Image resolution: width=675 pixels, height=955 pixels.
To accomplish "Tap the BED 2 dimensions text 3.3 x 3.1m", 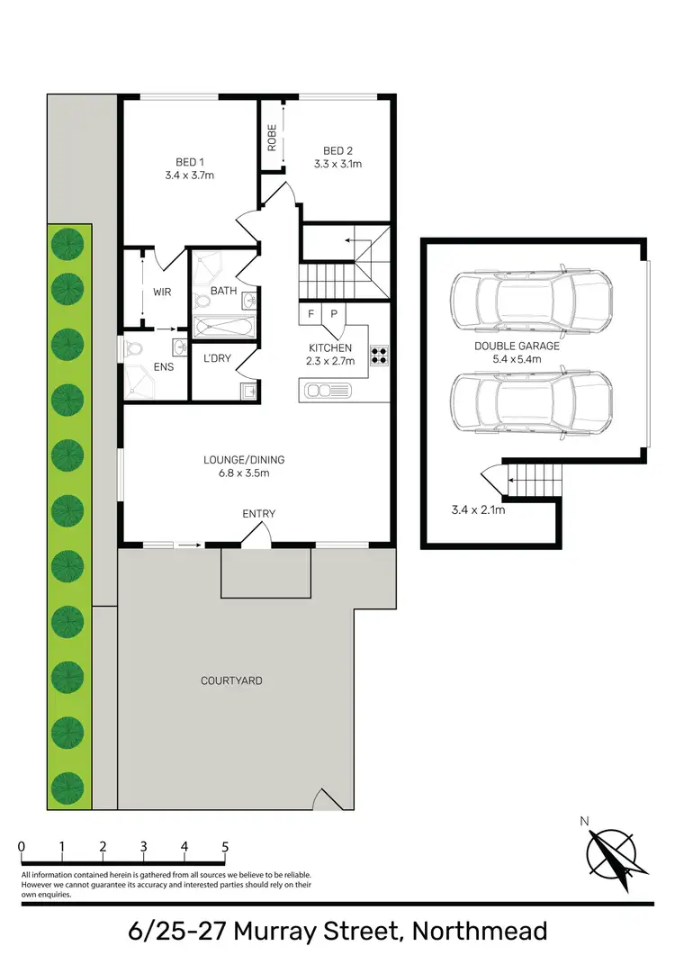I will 337,165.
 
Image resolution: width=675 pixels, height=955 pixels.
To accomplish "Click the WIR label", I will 162,293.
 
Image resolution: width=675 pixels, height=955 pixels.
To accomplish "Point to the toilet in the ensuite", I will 136,347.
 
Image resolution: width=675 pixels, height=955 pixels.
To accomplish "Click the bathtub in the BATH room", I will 222,325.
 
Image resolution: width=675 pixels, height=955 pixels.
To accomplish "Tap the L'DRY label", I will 217,358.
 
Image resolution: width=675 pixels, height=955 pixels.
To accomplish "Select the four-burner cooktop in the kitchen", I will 379,356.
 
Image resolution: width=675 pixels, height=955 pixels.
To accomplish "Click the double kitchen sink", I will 328,390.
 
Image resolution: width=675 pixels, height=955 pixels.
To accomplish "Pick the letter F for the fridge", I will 311,314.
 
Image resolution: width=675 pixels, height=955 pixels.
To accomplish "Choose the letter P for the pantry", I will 333,314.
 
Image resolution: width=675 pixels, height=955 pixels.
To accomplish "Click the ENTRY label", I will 258,514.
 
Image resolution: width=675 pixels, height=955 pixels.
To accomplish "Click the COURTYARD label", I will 231,680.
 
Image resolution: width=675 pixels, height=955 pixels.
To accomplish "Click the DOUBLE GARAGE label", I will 517,346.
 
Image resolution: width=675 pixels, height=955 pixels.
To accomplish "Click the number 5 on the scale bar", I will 225,847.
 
